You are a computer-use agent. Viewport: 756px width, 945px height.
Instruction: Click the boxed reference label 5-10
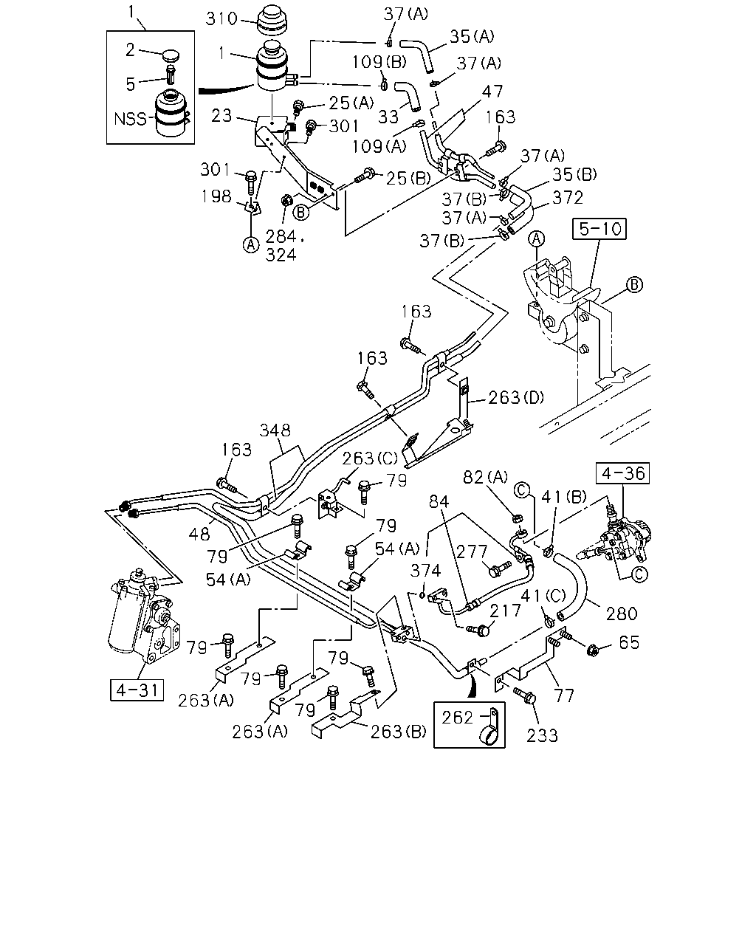pos(599,229)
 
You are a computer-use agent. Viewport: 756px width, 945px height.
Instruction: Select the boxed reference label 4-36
pos(622,473)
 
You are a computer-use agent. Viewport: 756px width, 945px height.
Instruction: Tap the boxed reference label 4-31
pos(137,690)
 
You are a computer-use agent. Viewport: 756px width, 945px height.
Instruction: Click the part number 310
pos(221,19)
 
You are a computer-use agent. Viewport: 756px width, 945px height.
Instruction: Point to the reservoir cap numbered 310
pos(272,21)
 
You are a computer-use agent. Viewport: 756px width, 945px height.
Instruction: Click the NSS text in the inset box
pos(130,119)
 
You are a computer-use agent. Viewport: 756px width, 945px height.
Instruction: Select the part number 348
pos(275,430)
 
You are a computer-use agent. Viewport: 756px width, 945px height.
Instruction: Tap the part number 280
pos(622,614)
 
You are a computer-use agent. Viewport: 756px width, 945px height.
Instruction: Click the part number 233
pos(542,735)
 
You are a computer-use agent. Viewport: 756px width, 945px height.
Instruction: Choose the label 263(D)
pos(516,397)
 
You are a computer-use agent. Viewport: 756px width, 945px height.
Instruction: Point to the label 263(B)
pos(399,732)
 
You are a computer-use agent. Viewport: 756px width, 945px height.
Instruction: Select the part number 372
pos(568,198)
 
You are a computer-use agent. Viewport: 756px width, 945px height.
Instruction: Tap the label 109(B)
pos(379,62)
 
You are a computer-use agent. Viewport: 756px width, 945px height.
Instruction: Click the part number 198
pos(216,196)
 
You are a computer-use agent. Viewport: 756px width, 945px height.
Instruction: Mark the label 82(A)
pos(485,477)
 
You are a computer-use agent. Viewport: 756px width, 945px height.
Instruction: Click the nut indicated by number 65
pos(591,650)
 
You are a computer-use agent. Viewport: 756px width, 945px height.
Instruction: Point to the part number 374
pos(425,571)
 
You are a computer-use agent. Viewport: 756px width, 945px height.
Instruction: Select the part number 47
pos(492,92)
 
